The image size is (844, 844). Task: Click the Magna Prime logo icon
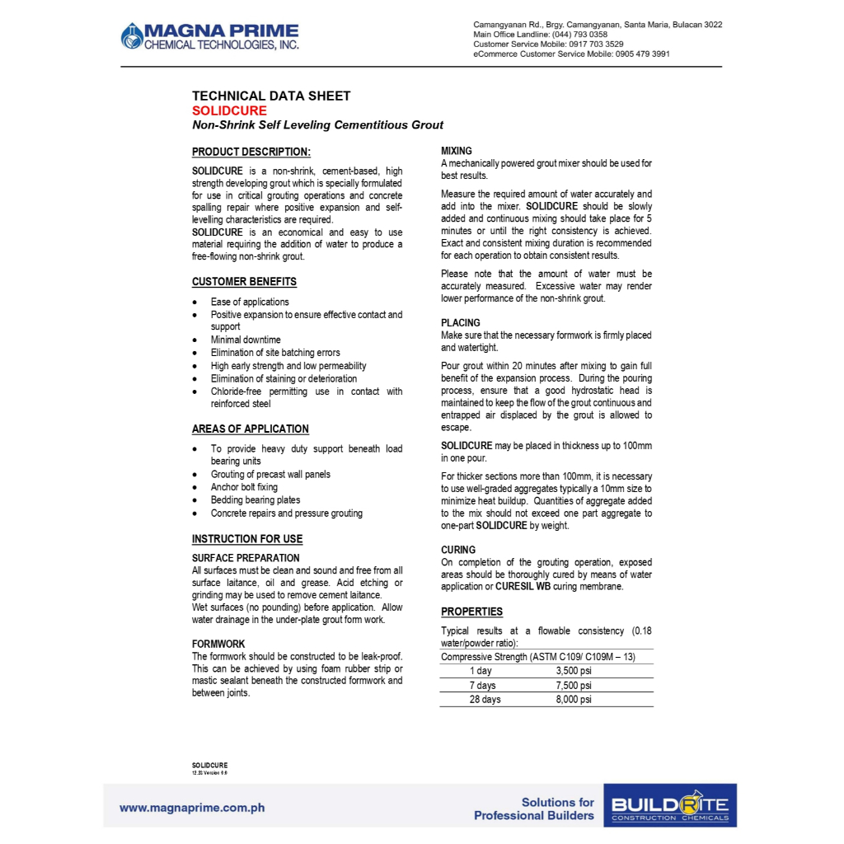coord(131,35)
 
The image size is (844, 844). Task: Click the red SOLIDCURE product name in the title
coord(229,110)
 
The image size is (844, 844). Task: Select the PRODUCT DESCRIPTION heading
coord(251,152)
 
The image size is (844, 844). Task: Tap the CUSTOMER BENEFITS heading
coord(244,282)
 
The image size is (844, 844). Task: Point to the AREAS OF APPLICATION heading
coord(251,429)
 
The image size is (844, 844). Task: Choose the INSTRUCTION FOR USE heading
coord(247,539)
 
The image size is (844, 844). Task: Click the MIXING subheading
coord(457,151)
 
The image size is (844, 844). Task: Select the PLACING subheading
coord(460,323)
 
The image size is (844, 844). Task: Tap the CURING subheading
coord(458,550)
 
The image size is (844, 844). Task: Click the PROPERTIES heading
coord(471,612)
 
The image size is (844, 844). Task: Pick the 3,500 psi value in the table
coord(574,671)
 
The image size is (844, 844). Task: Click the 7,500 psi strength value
coord(574,685)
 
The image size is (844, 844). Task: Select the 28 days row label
coord(485,700)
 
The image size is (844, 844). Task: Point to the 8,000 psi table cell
coord(574,700)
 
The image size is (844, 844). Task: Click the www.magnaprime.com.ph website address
coord(192,808)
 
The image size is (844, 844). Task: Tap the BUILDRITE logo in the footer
coord(670,806)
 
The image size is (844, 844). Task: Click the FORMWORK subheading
coord(218,644)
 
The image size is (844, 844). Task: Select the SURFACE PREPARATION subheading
coord(246,558)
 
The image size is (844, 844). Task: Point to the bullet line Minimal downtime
coord(246,340)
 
